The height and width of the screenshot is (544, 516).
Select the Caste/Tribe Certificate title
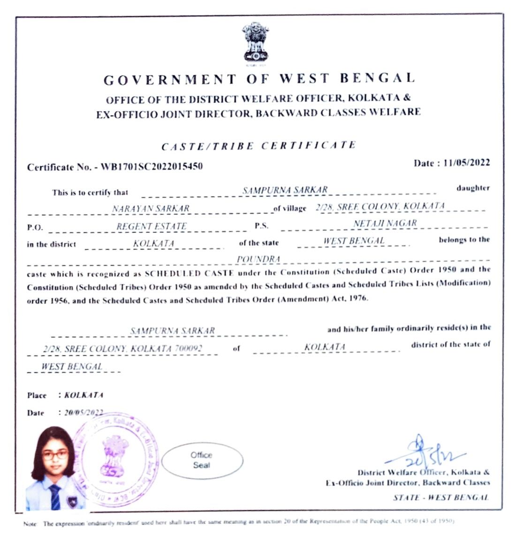(x=258, y=146)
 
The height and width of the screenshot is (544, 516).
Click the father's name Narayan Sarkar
(x=151, y=208)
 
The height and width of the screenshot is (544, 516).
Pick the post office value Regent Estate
(x=152, y=226)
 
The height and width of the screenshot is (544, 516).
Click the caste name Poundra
(x=258, y=259)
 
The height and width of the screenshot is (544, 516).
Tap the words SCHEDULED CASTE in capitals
(x=180, y=273)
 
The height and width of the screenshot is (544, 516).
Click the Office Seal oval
(x=202, y=460)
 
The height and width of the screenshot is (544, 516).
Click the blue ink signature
(x=425, y=452)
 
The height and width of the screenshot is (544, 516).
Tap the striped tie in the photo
(x=55, y=497)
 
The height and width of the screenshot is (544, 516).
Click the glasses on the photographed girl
(x=55, y=455)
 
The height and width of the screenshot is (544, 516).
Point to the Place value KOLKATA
(x=83, y=395)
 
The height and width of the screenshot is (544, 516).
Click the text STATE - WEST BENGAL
(x=440, y=497)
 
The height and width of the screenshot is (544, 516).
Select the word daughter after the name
(x=473, y=188)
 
